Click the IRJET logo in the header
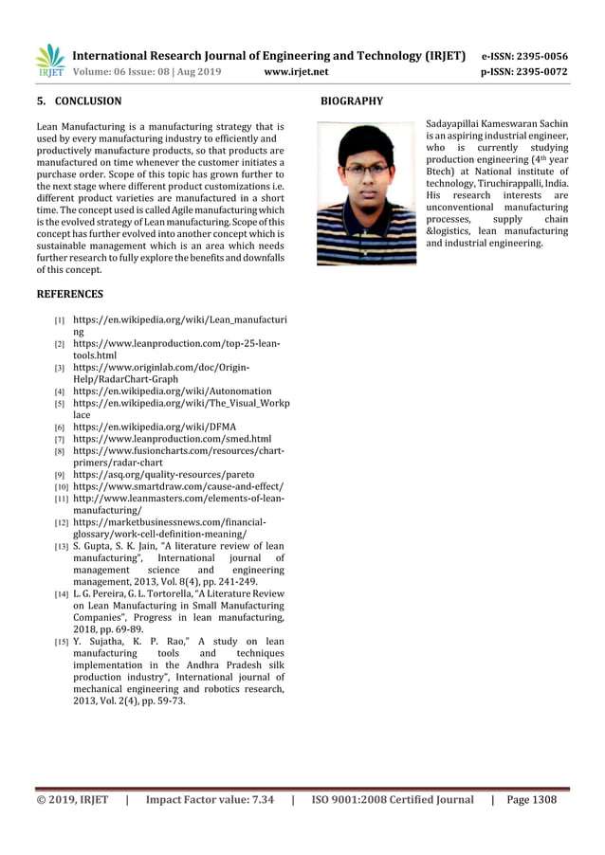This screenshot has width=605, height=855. coord(49,61)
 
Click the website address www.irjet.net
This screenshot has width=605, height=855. coord(297,71)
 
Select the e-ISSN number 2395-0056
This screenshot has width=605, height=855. coord(536,56)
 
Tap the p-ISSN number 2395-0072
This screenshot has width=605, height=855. coord(536,71)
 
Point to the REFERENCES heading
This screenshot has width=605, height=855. coord(69,294)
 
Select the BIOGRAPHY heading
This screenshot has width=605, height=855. coord(352,100)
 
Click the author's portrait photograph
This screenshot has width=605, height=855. coord(366,192)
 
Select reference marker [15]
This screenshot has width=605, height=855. coord(61,644)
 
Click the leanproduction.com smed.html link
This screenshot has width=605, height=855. coord(172,439)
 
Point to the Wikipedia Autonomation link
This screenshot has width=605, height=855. coord(172,391)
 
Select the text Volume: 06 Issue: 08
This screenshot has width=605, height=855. coord(130,71)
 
